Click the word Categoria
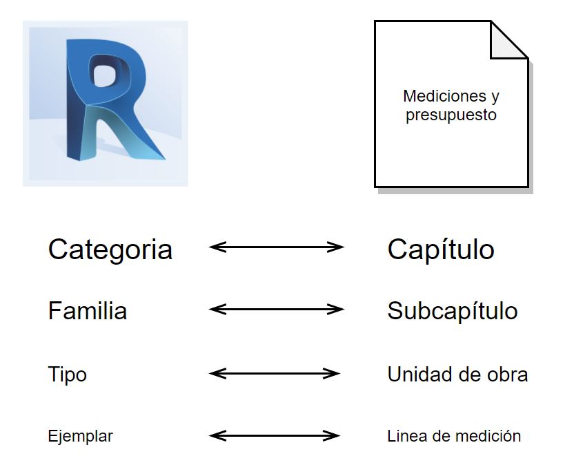pos(110,249)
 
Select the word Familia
pos(88,311)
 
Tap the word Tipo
pos(67,375)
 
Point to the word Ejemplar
pos(80,437)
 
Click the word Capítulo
pos(440,249)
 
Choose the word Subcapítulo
pos(452,311)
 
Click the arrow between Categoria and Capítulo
pos(276,247)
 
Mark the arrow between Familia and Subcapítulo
pos(276,309)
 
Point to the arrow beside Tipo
pos(275,373)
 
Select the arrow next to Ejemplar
pos(275,435)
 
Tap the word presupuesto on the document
pos(451,115)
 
